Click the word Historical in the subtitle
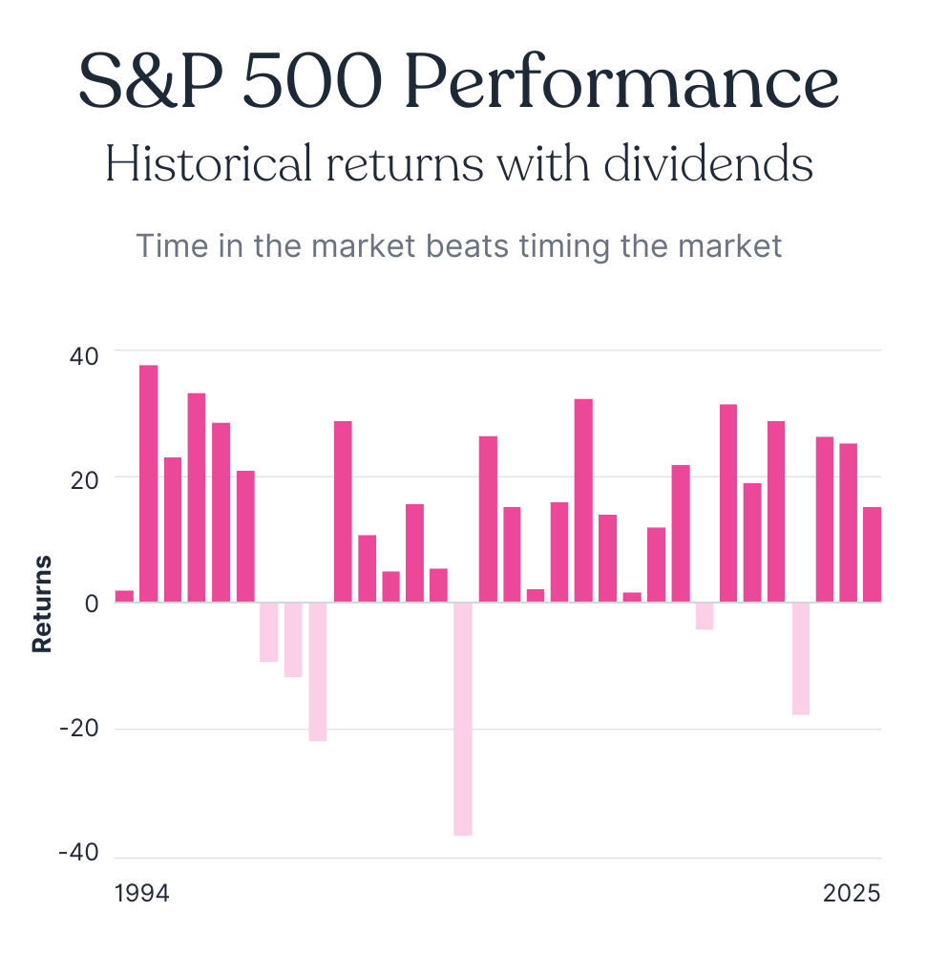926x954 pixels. click(x=208, y=164)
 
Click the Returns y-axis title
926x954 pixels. click(x=41, y=604)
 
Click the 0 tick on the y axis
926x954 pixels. click(x=91, y=604)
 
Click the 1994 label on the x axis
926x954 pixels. click(x=141, y=894)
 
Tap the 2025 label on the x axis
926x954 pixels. click(x=852, y=894)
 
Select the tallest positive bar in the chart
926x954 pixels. click(x=149, y=483)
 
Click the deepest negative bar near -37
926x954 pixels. click(x=463, y=718)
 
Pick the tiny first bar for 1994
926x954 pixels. click(x=124, y=597)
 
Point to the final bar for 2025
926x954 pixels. click(x=872, y=555)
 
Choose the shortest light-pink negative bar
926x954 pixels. click(x=704, y=616)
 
